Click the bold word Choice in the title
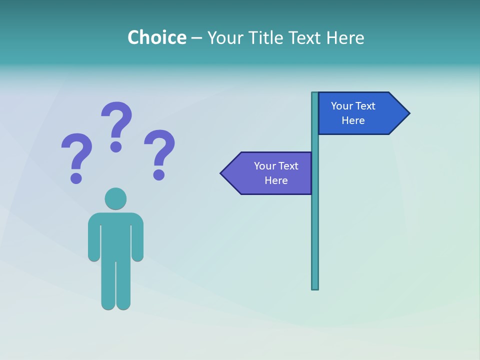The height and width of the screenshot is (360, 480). [156, 37]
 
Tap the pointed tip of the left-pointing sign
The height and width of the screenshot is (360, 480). [222, 173]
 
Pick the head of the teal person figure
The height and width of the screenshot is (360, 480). [115, 198]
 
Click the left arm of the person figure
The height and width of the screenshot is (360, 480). [93, 240]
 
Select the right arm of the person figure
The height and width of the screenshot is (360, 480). [137, 240]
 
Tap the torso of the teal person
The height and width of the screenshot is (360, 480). [115, 235]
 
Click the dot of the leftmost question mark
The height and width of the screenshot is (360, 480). [76, 177]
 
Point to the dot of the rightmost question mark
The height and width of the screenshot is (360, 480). [159, 174]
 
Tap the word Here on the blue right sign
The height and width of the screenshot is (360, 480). [353, 120]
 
